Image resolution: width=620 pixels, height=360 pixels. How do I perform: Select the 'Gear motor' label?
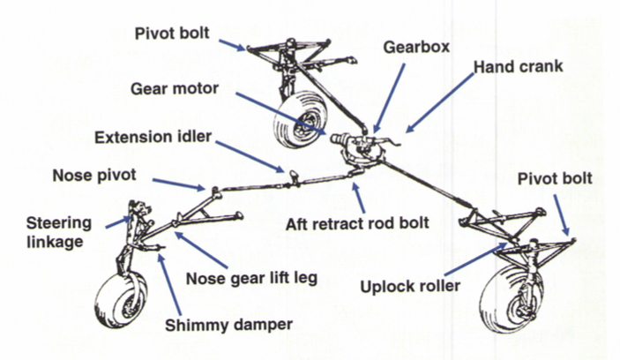tap(176, 89)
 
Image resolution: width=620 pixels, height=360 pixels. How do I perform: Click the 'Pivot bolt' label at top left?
tap(173, 34)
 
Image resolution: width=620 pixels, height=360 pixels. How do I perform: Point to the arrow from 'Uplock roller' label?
tap(477, 259)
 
